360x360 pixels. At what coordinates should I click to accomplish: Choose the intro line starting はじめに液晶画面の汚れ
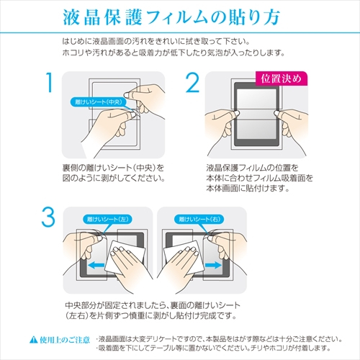point(166,42)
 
